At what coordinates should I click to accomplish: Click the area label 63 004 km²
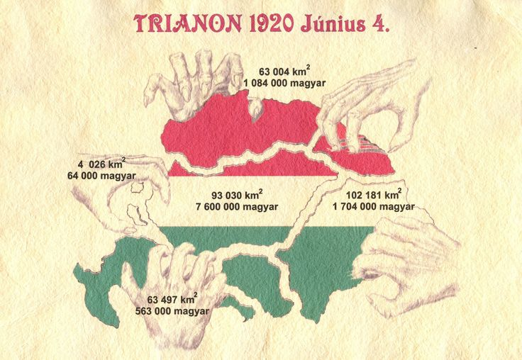[284, 71]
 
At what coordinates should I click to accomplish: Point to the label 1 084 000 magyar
[284, 83]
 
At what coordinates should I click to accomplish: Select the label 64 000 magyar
[101, 176]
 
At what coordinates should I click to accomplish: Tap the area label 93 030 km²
[237, 195]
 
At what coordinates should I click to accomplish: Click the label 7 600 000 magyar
[237, 207]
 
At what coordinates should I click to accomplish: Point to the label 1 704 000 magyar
[374, 207]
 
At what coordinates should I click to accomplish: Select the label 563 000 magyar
[172, 311]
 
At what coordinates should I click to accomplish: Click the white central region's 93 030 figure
[226, 195]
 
